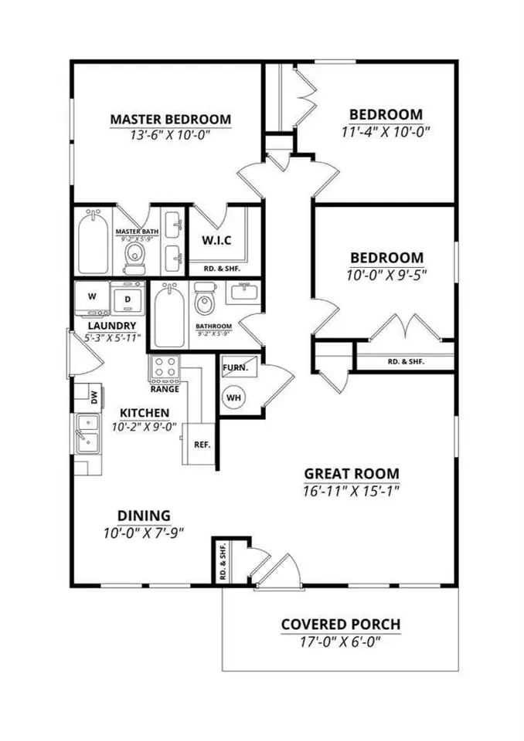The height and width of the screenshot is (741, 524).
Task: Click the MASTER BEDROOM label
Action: (170, 120)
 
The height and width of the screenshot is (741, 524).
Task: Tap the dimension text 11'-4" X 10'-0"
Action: (385, 131)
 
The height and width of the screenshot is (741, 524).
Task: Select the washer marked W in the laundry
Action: (92, 296)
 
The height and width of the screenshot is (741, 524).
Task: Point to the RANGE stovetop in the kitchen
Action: (165, 369)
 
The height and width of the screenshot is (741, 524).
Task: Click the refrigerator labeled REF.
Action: (202, 445)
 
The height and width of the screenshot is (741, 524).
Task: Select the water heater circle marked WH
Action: (233, 398)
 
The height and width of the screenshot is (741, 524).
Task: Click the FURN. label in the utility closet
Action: (235, 368)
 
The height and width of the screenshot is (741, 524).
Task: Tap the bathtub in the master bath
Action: (93, 244)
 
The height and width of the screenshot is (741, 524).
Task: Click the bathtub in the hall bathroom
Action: (168, 316)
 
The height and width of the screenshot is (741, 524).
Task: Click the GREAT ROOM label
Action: (351, 474)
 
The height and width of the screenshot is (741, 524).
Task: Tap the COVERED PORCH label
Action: (340, 624)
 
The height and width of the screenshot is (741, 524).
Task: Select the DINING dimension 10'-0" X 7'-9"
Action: (144, 532)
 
